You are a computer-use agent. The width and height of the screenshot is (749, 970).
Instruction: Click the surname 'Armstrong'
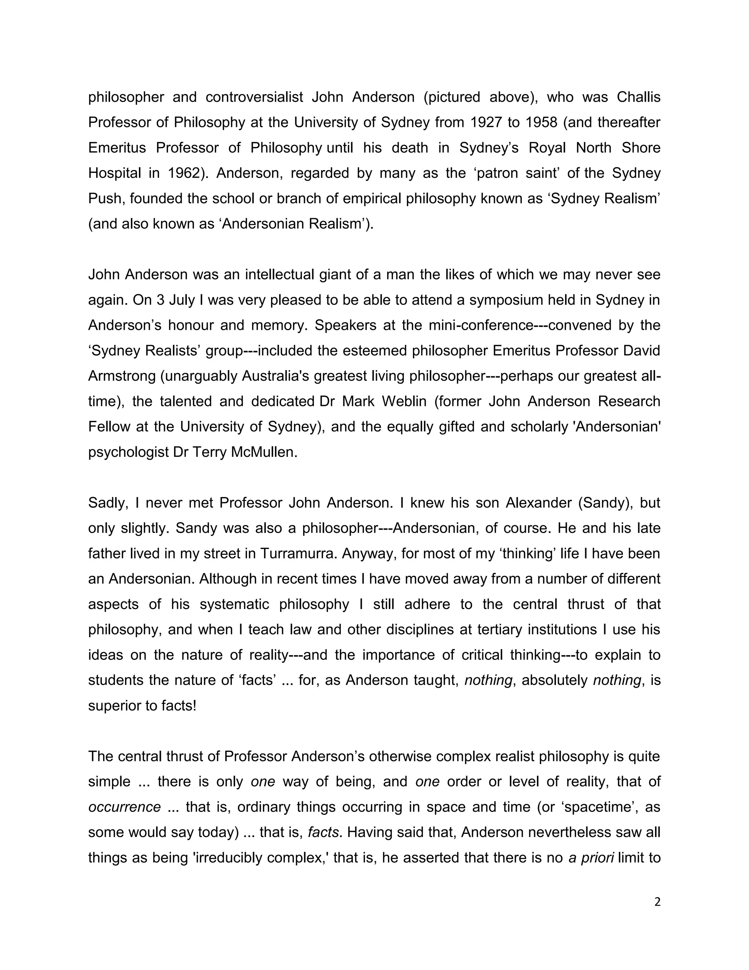(x=121, y=376)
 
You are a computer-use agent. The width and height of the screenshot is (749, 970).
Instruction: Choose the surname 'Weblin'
(x=404, y=401)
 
